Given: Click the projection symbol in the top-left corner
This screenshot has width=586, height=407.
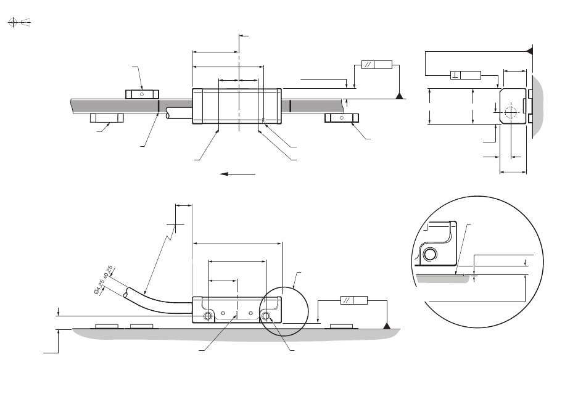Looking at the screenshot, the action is pos(19,22).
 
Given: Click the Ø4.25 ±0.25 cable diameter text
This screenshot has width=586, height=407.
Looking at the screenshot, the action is pos(104,280).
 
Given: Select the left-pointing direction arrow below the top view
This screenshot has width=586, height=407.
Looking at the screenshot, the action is pos(237,174).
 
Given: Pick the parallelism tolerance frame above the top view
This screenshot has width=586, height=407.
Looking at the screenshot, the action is pos(377,65).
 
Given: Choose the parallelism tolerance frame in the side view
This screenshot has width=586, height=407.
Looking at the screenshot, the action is pos(354,300).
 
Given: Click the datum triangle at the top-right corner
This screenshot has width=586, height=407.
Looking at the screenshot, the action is pos(530,50).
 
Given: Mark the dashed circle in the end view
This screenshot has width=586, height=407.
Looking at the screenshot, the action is pos(510,112).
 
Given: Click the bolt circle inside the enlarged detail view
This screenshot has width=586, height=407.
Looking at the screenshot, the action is pos(430,255).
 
